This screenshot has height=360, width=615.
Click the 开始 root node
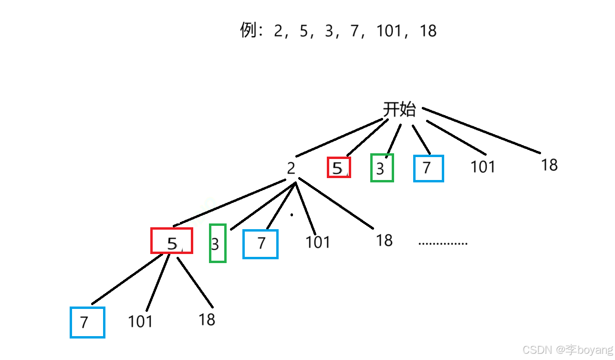click(399, 110)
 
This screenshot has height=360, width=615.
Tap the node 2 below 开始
click(291, 168)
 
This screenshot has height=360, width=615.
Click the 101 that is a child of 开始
click(483, 167)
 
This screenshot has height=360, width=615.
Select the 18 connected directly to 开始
click(549, 165)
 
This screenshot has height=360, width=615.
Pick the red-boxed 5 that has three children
click(172, 241)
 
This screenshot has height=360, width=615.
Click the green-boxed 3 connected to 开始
click(382, 168)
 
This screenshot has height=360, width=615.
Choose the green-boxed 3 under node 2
click(217, 243)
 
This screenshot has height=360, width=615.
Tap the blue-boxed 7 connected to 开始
click(428, 168)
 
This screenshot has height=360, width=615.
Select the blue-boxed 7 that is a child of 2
click(261, 244)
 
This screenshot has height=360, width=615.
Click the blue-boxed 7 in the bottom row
click(87, 322)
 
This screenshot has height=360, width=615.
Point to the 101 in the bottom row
click(140, 321)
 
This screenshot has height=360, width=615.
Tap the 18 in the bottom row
click(207, 319)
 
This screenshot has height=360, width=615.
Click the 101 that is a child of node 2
click(318, 242)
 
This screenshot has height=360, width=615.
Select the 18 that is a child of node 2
click(384, 240)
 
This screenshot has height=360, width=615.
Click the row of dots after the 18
click(443, 244)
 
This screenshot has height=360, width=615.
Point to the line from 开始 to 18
click(481, 131)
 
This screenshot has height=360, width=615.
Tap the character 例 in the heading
click(249, 31)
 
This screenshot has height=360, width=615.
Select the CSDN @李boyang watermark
click(567, 350)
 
